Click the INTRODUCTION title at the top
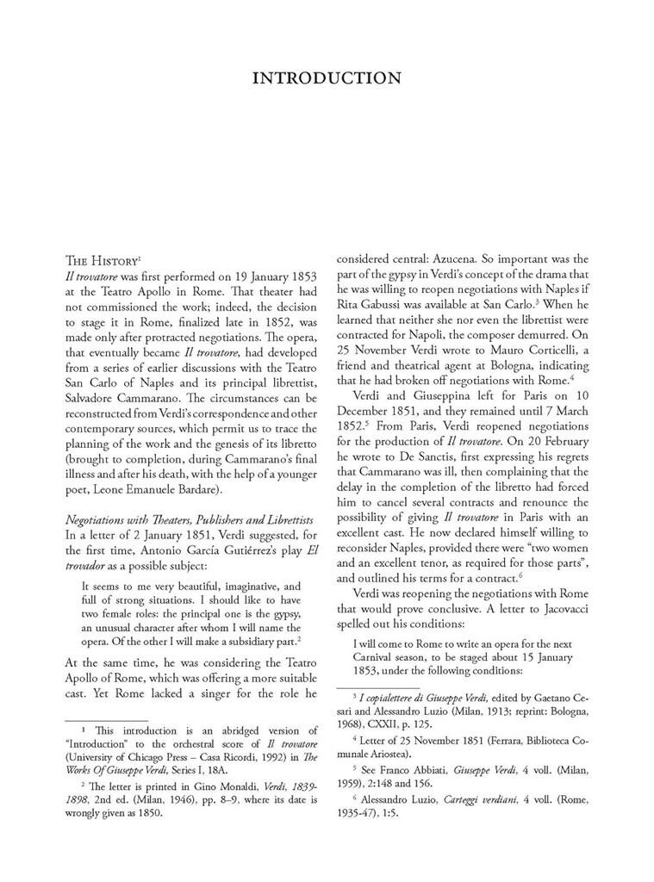327,79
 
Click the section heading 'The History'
102,259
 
